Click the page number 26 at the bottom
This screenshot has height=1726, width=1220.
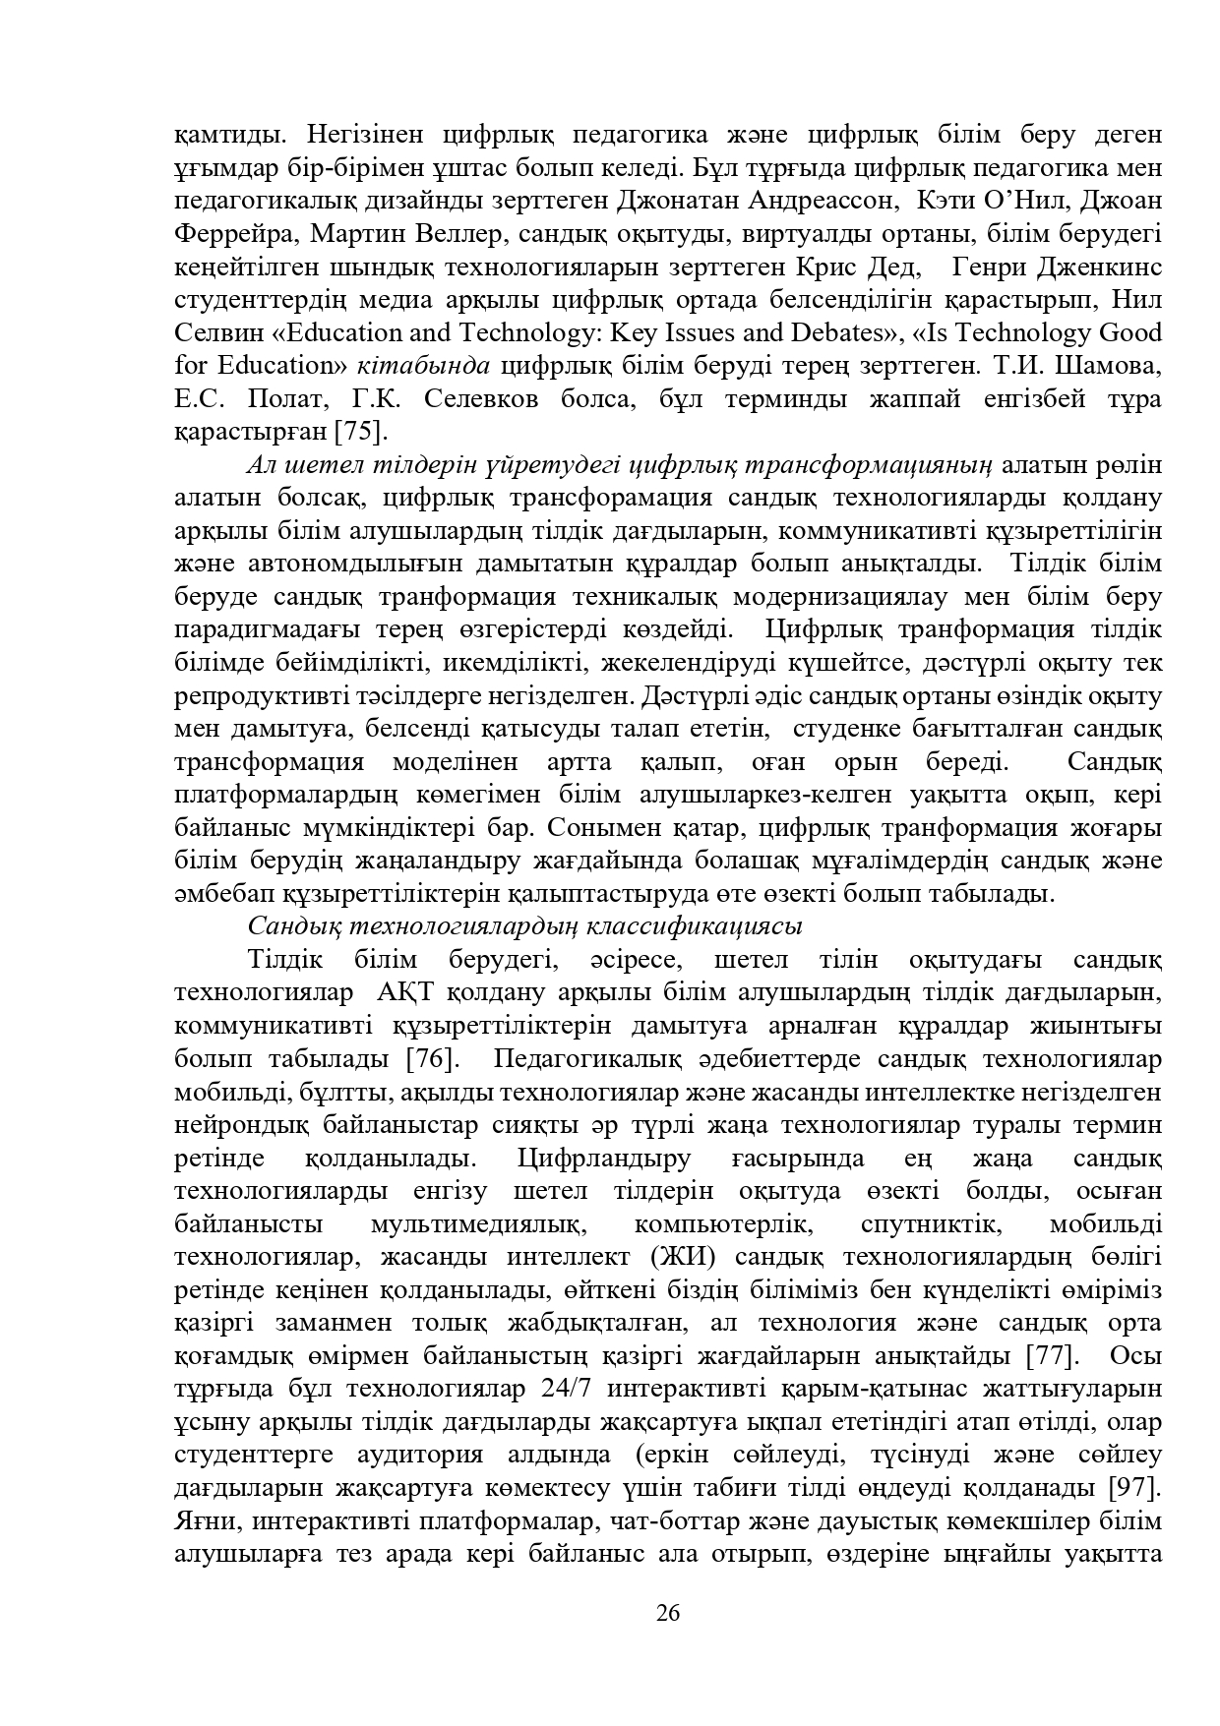click(x=668, y=1613)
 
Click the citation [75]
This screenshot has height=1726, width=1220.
click(x=362, y=431)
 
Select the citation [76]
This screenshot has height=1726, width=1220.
click(x=431, y=1059)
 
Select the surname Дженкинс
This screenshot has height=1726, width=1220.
click(x=1098, y=267)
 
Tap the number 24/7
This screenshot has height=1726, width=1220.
click(x=572, y=1390)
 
